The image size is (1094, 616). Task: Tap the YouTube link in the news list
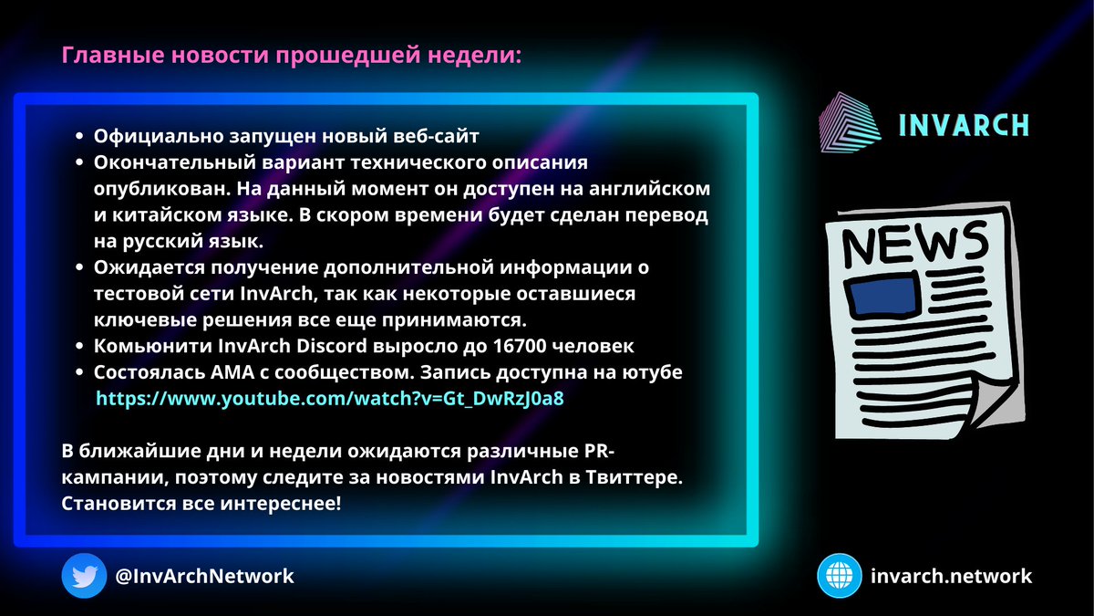323,399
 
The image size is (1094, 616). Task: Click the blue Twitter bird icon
85,576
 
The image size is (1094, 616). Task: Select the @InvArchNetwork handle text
205,577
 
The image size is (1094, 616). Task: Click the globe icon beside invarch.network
839,576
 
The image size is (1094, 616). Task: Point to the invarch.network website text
952,576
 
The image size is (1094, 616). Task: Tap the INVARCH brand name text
965,125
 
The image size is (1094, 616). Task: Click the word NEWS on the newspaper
914,241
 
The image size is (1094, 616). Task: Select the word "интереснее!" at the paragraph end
290,503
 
